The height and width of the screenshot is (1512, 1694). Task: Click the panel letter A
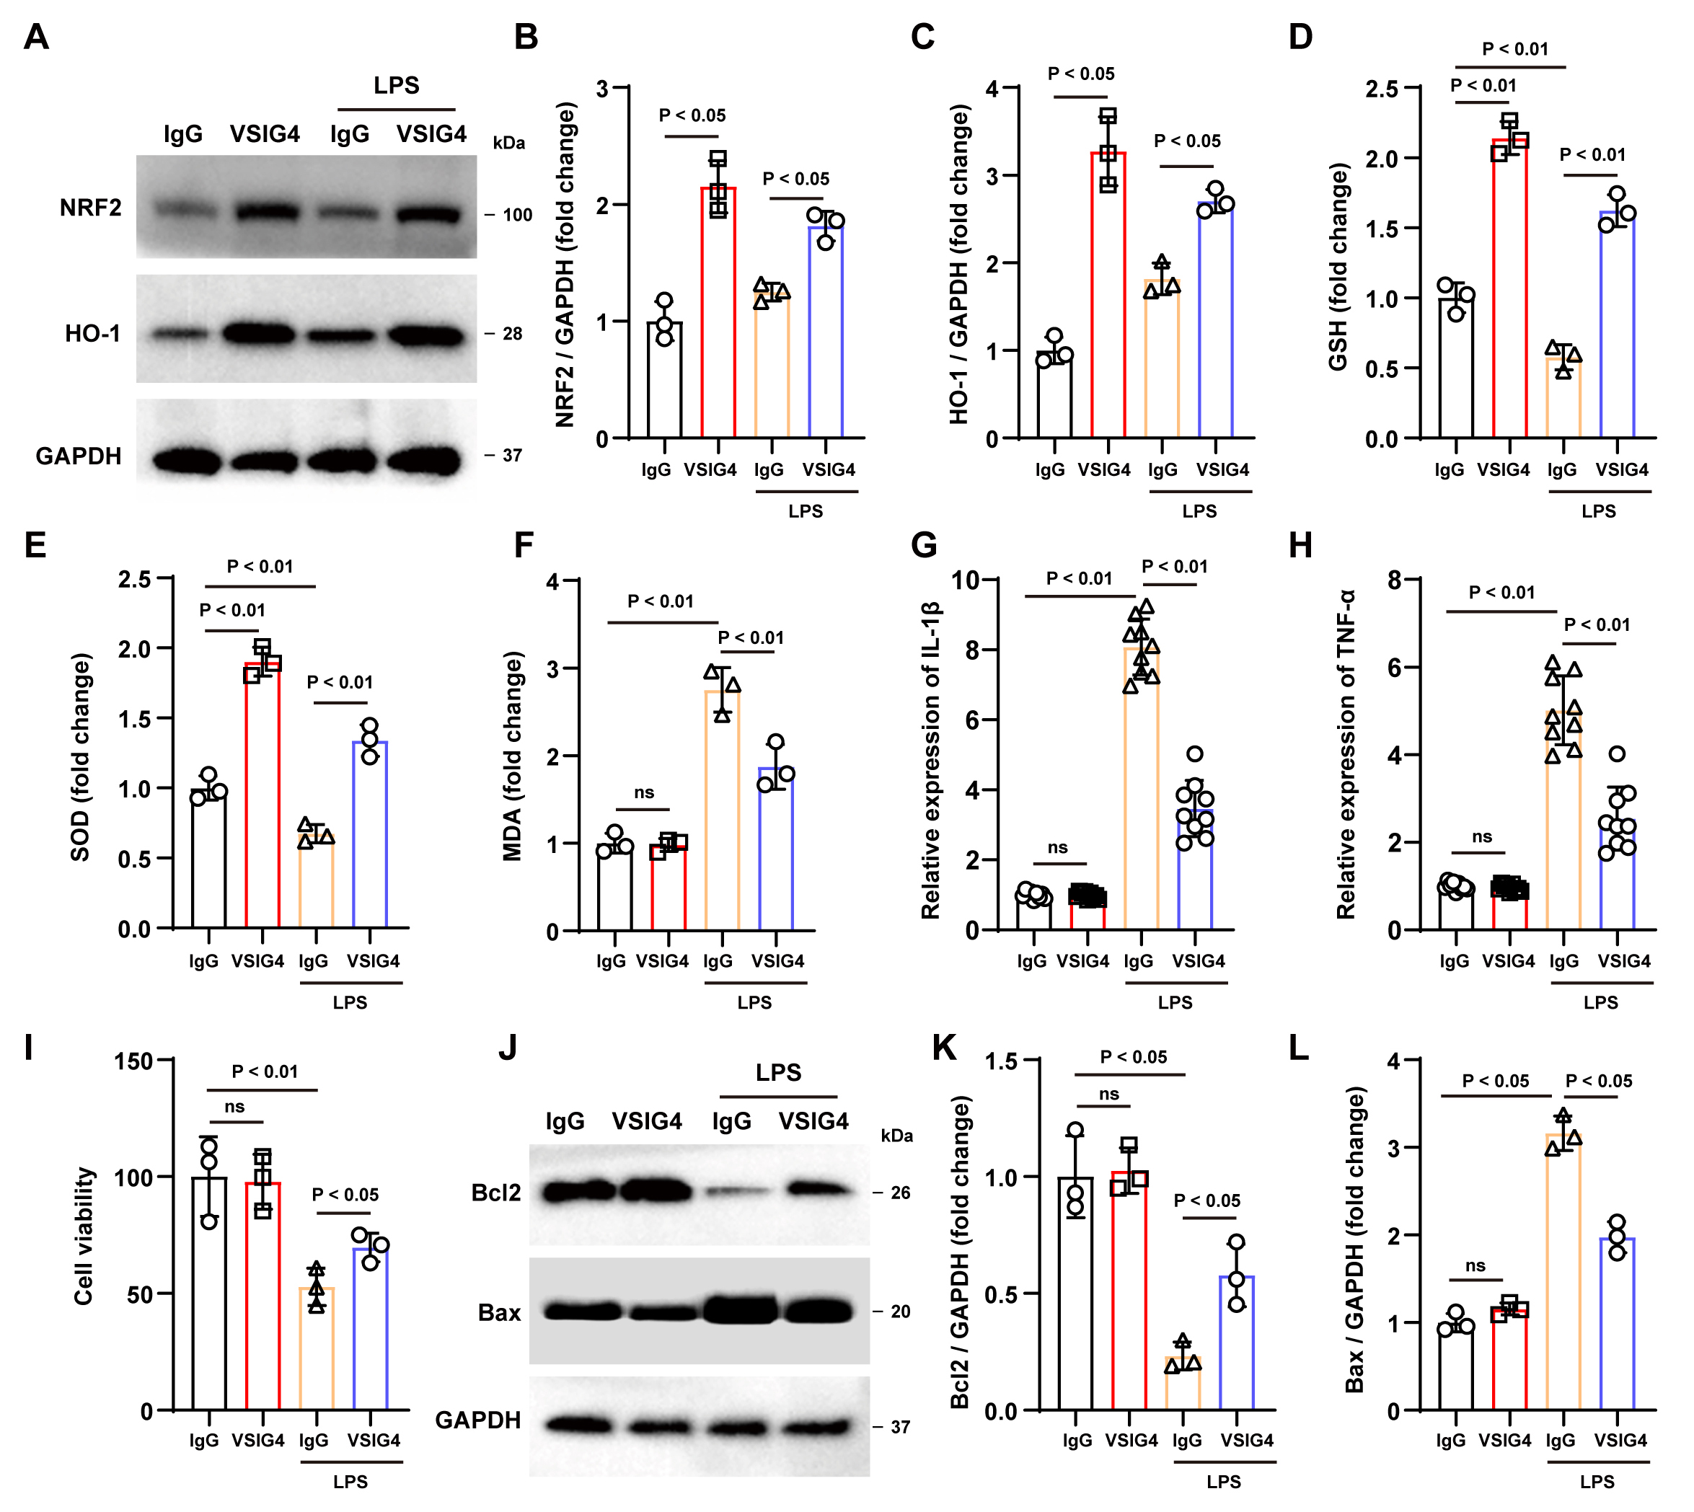[x=36, y=37]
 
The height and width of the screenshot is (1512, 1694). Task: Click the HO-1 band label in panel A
[x=93, y=334]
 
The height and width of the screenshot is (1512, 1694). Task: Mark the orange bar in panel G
[x=1141, y=790]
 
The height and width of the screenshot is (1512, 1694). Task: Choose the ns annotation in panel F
[x=644, y=792]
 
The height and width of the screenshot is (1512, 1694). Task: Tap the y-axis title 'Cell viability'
[x=84, y=1235]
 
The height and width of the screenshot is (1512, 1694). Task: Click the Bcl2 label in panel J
[x=496, y=1193]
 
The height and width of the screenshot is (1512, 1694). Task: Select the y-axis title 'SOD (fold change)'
[x=81, y=757]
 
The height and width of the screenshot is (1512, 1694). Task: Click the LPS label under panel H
[x=1600, y=1003]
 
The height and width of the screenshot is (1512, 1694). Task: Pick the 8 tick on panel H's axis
[x=1395, y=580]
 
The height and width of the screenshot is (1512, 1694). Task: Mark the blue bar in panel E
[x=371, y=834]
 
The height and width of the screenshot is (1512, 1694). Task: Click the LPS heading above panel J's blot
[x=778, y=1071]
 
